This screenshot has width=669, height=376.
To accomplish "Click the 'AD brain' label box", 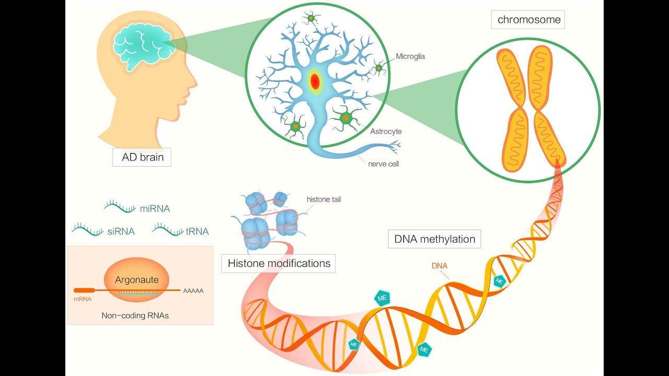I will coord(142,157).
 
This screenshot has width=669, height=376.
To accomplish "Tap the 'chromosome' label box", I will coord(529,20).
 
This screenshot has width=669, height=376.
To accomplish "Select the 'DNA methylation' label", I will coord(434,239).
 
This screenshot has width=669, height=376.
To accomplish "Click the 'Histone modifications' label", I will coord(279,263).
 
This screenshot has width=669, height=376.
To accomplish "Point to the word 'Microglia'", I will coord(410,56).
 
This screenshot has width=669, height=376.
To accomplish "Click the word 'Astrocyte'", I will coord(386,132).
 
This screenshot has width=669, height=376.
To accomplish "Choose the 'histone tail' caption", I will coord(324,199).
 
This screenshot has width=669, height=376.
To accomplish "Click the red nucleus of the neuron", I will coord(315,81).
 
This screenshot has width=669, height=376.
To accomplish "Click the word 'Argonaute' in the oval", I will coord(136,280).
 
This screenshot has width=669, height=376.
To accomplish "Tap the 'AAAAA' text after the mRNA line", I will coord(193,290).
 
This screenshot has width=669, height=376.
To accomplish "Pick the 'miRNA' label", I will coord(155,208).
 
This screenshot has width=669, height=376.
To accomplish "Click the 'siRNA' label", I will coord(121,231).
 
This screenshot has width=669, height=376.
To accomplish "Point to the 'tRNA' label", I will coord(197,231).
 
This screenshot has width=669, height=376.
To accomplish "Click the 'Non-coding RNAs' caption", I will coord(135,315).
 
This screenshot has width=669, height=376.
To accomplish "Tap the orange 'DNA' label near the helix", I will coord(440,266).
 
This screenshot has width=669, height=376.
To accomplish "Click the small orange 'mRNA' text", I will coord(82,299).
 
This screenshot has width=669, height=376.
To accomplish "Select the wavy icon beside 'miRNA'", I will coord(120,207).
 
